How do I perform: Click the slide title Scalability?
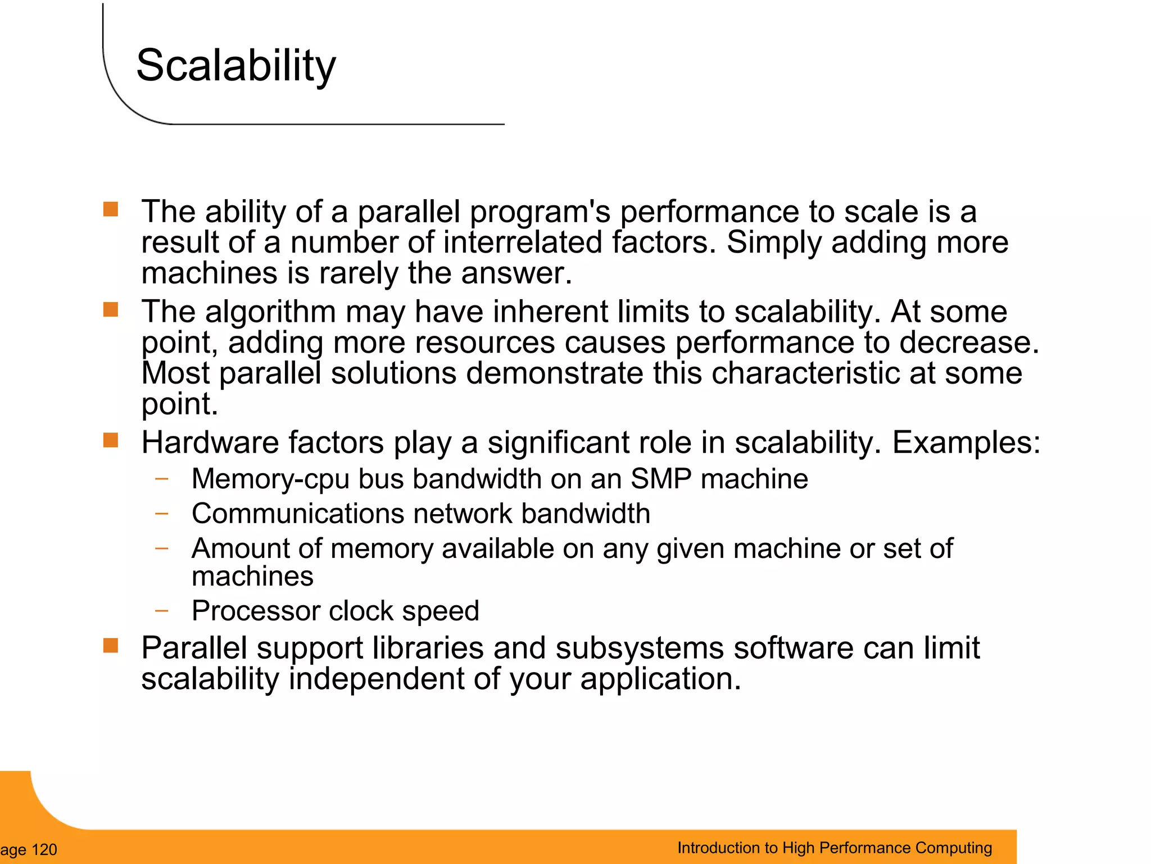235,66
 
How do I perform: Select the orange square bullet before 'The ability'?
111,209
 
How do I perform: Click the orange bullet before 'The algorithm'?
111,309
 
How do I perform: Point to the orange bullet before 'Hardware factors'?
111,440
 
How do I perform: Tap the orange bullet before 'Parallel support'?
111,646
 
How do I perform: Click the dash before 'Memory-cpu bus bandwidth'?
162,479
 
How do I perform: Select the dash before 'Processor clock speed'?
162,610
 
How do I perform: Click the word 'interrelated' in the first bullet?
522,242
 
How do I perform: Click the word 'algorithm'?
270,312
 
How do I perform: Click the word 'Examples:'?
966,443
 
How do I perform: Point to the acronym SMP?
660,479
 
